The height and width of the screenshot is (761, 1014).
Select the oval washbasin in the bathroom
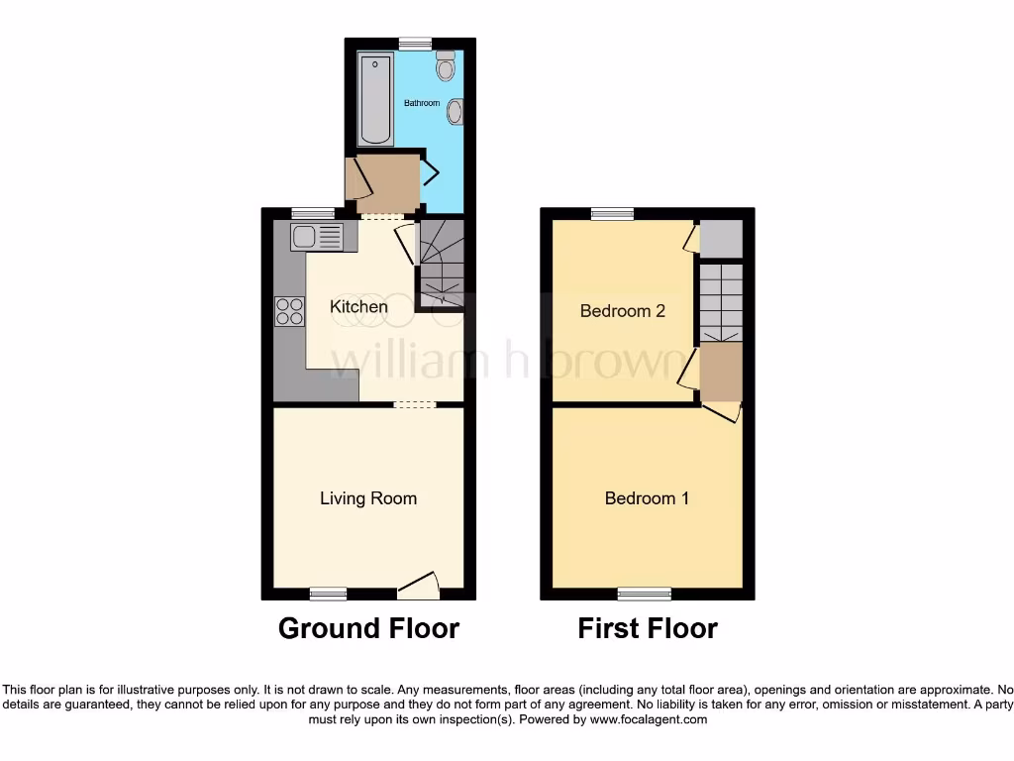point(456,112)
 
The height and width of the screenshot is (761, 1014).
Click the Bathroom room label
point(422,103)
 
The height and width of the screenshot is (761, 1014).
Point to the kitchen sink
point(317,237)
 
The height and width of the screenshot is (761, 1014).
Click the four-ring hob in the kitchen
point(289,312)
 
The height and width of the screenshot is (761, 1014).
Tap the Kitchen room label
point(358,306)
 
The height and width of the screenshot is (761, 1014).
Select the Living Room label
point(368,498)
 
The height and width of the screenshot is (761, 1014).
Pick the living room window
point(328,594)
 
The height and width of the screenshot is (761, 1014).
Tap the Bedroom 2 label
point(623,311)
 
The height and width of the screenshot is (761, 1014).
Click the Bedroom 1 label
point(647,498)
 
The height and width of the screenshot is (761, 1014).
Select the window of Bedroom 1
point(644,594)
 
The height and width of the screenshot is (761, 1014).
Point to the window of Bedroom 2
point(613,213)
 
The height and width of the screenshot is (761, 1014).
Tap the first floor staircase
point(721,302)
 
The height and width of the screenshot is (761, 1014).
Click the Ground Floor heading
point(368,628)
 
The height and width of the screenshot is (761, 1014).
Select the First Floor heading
point(648,628)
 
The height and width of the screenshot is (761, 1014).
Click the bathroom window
point(416,43)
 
